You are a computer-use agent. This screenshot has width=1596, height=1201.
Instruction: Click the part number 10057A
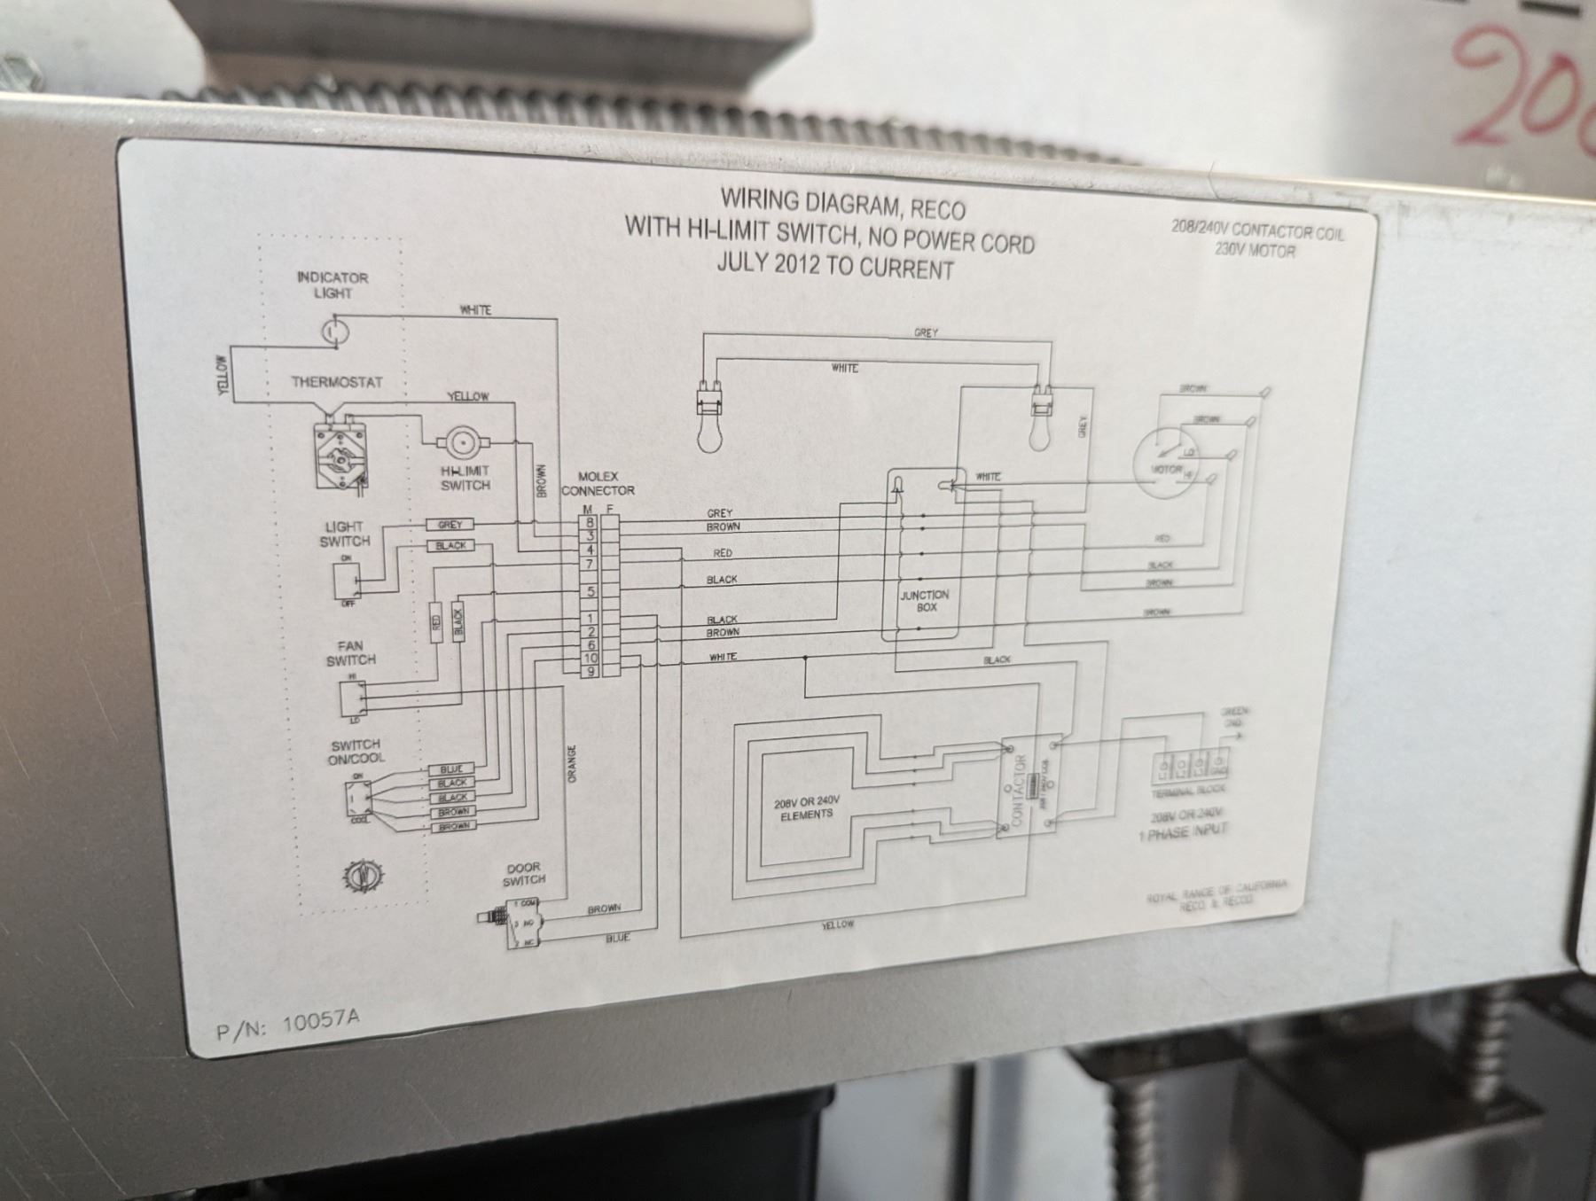[x=320, y=1021]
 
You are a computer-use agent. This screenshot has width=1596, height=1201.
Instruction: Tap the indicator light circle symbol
[x=334, y=332]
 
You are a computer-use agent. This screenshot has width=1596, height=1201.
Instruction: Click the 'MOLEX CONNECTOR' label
[x=598, y=483]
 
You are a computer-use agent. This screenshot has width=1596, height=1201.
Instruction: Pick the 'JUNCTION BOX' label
[x=924, y=601]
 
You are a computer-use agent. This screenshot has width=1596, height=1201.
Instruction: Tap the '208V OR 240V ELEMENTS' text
[x=806, y=807]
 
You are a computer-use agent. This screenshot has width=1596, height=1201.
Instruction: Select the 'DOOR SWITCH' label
[x=523, y=874]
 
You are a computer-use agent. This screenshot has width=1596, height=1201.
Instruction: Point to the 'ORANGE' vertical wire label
[x=572, y=763]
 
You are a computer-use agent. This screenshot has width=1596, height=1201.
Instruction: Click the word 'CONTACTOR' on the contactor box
[x=1019, y=790]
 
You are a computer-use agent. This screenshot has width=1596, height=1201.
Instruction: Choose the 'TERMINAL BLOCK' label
[x=1188, y=791]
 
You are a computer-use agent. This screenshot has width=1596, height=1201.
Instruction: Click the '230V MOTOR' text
[x=1255, y=251]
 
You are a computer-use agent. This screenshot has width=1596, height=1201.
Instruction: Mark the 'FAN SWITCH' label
[x=350, y=653]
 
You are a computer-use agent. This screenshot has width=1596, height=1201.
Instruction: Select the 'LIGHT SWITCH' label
[x=344, y=534]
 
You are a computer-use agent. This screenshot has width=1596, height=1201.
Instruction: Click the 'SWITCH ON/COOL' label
[x=356, y=752]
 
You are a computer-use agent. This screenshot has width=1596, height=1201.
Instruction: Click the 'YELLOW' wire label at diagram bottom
[x=837, y=924]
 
